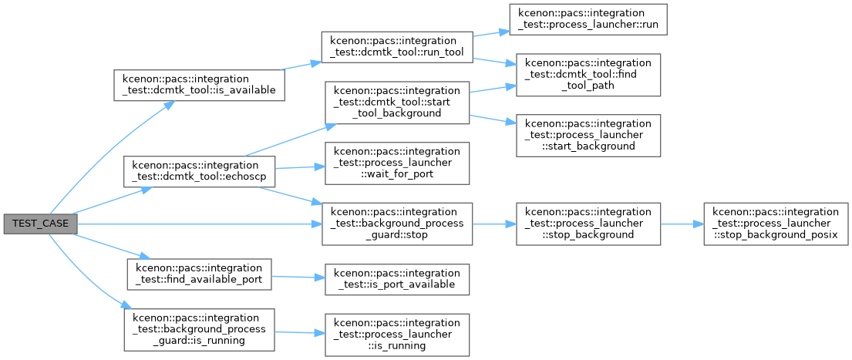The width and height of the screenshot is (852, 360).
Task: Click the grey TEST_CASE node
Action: coord(40,224)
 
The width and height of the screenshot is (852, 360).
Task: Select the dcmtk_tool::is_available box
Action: coord(200,85)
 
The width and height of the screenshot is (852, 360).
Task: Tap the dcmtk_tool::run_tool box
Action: coord(396,47)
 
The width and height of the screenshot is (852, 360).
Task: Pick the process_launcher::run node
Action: coord(588,19)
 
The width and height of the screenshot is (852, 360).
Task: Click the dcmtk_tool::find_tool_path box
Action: coord(588,75)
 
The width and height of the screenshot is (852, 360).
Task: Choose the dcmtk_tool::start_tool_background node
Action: coord(396,103)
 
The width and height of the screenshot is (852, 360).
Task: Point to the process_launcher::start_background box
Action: coord(588,136)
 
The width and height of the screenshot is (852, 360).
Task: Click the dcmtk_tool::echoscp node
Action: coord(200,172)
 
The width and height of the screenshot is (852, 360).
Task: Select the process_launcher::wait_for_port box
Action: coord(396,163)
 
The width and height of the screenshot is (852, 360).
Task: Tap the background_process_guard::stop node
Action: coord(396,224)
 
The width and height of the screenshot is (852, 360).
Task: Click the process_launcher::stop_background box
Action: coord(588,224)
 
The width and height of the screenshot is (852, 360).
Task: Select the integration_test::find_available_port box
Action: coord(200,274)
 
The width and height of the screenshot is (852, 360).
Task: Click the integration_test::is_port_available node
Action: coord(396,279)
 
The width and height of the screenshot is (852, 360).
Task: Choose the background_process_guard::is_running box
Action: coord(200,330)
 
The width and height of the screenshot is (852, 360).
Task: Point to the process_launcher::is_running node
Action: coord(396,335)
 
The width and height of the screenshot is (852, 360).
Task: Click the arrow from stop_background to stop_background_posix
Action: coord(682,224)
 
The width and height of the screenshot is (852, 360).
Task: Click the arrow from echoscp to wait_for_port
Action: coord(300,167)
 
